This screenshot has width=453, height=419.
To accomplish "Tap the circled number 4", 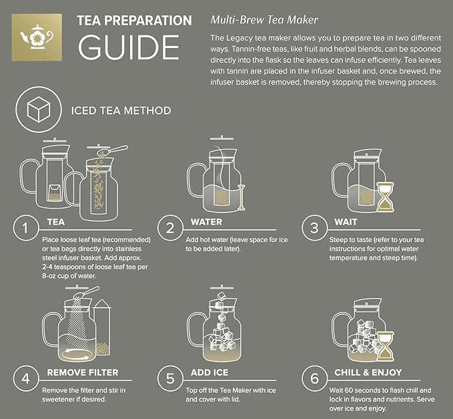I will click(x=25, y=378).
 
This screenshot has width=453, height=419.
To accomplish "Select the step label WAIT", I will click(x=344, y=222).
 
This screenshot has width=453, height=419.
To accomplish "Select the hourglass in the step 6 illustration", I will click(x=384, y=343).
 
